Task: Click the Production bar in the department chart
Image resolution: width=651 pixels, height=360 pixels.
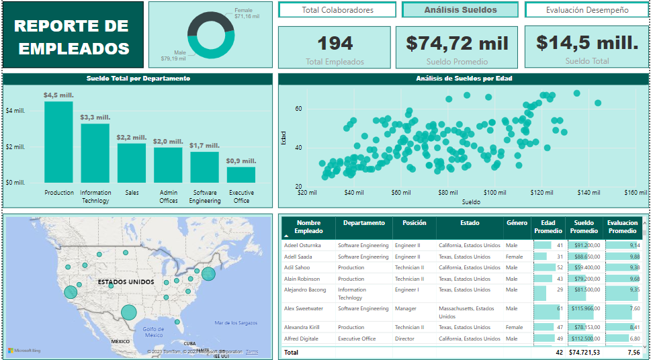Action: pos(58,142)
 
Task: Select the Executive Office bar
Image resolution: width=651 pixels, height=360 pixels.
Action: pos(241,175)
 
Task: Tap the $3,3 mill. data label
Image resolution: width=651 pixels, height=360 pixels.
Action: pos(95,118)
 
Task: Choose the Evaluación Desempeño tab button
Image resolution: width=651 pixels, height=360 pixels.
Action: pos(587,10)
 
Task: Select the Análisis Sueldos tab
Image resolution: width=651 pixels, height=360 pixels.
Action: pos(460,10)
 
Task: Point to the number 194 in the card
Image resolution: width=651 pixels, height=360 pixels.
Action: pos(335,44)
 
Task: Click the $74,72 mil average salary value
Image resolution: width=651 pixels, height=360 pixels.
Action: pos(458,44)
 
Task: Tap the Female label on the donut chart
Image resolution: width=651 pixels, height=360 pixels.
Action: pos(244,11)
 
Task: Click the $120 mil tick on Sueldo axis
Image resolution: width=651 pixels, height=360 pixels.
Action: pos(541,193)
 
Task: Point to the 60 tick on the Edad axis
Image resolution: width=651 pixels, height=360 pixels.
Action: pos(298,109)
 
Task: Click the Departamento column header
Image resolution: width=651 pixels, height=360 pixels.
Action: pos(363,223)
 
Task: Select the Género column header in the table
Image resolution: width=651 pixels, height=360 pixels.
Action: pos(517,223)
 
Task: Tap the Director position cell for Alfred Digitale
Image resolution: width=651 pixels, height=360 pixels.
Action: pos(404,339)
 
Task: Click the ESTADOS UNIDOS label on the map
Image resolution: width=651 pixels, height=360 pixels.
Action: pos(126,282)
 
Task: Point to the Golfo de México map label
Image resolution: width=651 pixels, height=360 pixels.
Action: pos(153,331)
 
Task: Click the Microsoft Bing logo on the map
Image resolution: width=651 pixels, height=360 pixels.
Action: pos(24,351)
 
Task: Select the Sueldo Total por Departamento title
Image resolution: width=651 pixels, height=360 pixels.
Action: pos(138,79)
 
